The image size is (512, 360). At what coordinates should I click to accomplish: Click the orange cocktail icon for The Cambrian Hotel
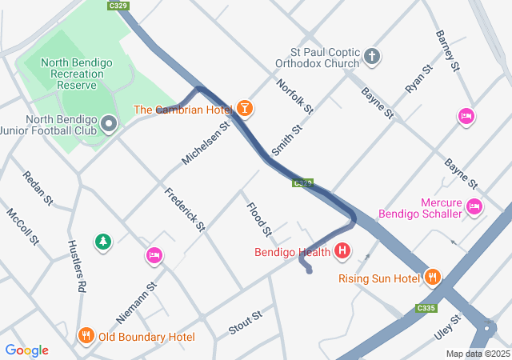tap(244, 108)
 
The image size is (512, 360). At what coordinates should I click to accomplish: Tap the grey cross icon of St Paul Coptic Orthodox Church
tap(371, 56)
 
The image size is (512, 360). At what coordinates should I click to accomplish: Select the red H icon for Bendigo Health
tap(342, 252)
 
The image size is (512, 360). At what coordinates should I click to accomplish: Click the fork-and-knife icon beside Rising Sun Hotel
tap(433, 278)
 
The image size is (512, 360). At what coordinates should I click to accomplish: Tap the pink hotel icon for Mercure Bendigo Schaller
tap(474, 207)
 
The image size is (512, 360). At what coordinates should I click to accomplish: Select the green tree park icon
tap(102, 242)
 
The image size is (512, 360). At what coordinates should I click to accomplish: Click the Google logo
tap(26, 350)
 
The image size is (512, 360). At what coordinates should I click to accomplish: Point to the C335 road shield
tap(426, 308)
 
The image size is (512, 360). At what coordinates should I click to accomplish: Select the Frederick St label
tap(185, 210)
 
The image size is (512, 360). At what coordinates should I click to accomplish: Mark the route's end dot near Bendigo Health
tap(309, 270)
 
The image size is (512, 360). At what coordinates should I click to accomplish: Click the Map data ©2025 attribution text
tap(477, 354)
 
